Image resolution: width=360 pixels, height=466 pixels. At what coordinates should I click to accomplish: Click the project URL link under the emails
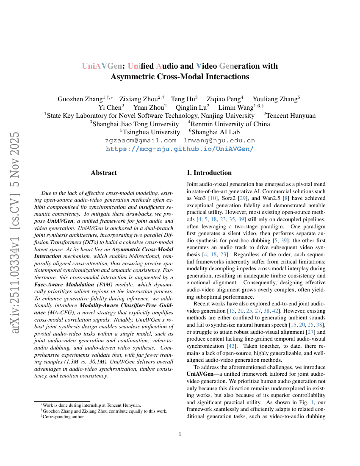pos(180,149)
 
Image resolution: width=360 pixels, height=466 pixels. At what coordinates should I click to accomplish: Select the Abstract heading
pos(104,173)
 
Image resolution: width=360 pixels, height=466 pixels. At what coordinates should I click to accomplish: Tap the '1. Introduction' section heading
pos(209,173)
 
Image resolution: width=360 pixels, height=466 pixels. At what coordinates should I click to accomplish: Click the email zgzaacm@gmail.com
pos(140,140)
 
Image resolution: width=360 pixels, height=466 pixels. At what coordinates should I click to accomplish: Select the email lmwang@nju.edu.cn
pos(219,140)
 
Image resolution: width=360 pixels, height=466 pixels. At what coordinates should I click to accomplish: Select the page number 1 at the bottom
pos(180,434)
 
